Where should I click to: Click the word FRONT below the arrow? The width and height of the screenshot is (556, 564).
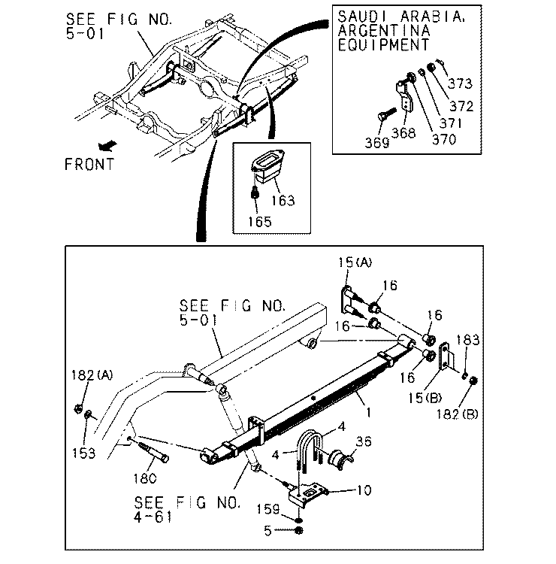point(89,165)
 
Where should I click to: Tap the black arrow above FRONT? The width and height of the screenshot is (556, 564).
point(107,146)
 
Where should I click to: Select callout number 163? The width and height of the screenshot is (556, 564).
point(283,200)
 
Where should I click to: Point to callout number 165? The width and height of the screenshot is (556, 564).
point(260,222)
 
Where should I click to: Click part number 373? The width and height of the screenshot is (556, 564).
point(460,83)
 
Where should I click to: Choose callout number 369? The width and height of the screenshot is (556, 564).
point(377,143)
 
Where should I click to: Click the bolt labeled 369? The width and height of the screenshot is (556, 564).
point(386,114)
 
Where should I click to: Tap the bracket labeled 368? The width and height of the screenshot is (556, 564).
point(405,96)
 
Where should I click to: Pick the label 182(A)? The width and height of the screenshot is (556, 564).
point(92,375)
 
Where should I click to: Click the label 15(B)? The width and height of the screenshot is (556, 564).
point(425,398)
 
